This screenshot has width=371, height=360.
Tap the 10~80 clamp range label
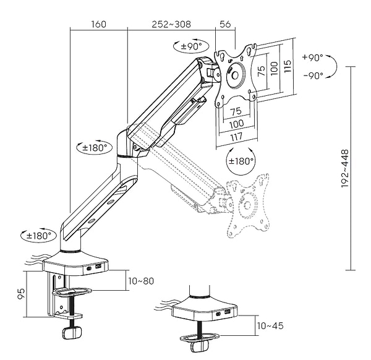click(x=142, y=281)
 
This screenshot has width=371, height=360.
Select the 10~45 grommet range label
click(x=271, y=325)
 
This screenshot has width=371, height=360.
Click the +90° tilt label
click(x=313, y=58)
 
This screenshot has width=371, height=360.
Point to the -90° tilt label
click(x=313, y=75)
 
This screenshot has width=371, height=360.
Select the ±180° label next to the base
click(x=39, y=236)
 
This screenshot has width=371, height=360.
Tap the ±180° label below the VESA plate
click(x=242, y=161)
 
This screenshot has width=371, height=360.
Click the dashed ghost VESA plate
click(x=247, y=204)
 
